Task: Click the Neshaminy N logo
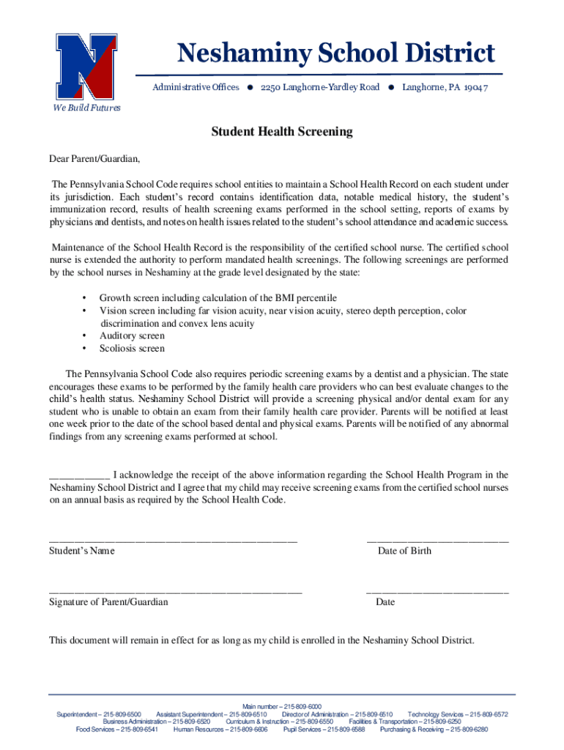87,67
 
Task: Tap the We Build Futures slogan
86,108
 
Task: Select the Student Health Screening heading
282,132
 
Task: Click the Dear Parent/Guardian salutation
94,158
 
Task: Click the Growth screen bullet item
218,298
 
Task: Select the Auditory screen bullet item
132,336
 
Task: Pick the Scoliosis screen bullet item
132,349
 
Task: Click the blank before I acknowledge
79,475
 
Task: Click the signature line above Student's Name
173,540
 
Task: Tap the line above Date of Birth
437,540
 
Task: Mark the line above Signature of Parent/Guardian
175,591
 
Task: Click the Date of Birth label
404,551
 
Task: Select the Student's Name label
81,551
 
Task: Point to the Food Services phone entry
116,729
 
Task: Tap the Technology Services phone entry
457,715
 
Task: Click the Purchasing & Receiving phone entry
434,729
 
